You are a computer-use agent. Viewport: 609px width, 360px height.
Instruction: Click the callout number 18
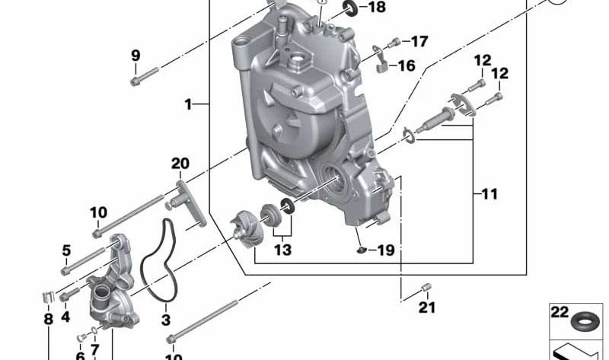377,8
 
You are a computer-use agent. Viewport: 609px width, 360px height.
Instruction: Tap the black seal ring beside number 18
351,8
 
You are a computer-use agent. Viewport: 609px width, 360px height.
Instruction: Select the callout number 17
419,41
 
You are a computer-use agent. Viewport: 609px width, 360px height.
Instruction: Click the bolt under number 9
144,75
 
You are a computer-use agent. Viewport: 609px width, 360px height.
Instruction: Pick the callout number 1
188,104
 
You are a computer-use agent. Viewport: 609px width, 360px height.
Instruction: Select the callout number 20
180,164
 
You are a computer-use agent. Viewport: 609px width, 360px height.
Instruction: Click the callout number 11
489,194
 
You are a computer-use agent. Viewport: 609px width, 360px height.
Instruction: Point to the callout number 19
386,250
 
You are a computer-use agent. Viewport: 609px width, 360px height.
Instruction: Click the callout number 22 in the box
560,312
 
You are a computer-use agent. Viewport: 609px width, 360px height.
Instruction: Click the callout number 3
165,320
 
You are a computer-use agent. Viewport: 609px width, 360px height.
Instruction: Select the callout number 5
66,250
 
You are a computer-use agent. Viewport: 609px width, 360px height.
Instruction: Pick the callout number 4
65,316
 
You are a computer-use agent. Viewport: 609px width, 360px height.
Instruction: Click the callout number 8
48,320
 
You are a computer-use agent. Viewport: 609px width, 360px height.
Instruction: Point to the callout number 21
427,308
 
